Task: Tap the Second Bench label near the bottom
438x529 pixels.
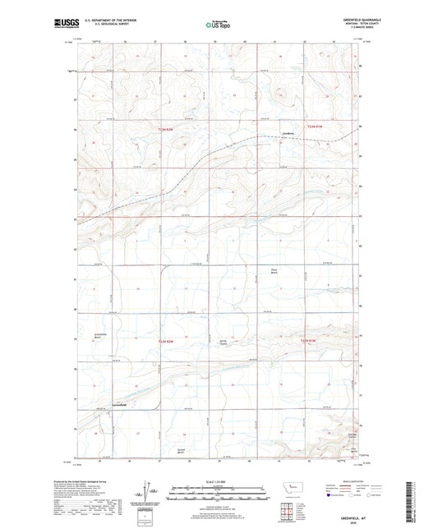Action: tap(182, 452)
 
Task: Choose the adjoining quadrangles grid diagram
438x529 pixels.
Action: tap(288, 514)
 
